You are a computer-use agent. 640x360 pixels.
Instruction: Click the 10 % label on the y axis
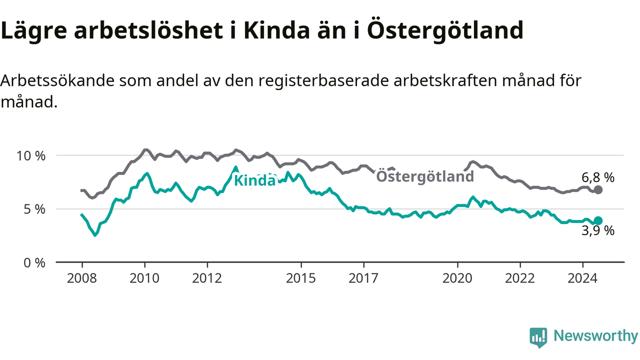[31, 156]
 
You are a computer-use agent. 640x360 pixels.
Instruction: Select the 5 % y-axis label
[34, 209]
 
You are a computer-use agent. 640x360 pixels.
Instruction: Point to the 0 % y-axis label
[34, 263]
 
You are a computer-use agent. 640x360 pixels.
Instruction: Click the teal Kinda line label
[255, 181]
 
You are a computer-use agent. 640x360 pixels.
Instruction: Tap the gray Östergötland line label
[425, 176]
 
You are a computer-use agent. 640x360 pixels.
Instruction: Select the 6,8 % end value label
[598, 177]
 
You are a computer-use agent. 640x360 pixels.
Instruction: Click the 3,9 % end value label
[598, 230]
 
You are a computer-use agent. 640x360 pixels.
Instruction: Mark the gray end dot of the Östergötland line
[598, 189]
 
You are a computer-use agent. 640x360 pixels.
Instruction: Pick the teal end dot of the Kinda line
[598, 220]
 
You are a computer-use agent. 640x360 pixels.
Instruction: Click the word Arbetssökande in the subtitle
[57, 80]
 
